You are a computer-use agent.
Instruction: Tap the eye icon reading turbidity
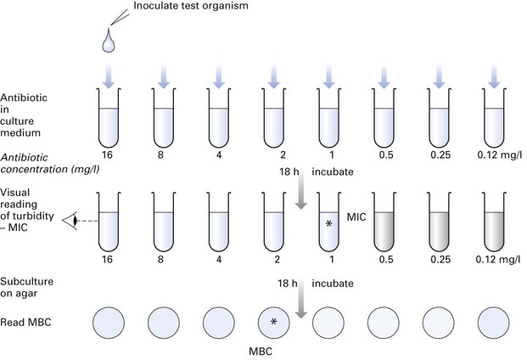[76, 219]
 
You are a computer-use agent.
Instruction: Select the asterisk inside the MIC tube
[328, 223]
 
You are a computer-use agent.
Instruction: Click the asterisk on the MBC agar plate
[273, 323]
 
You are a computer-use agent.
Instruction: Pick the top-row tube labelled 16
[109, 126]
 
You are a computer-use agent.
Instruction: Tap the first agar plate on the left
[108, 323]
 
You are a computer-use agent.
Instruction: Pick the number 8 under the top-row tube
[163, 157]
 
